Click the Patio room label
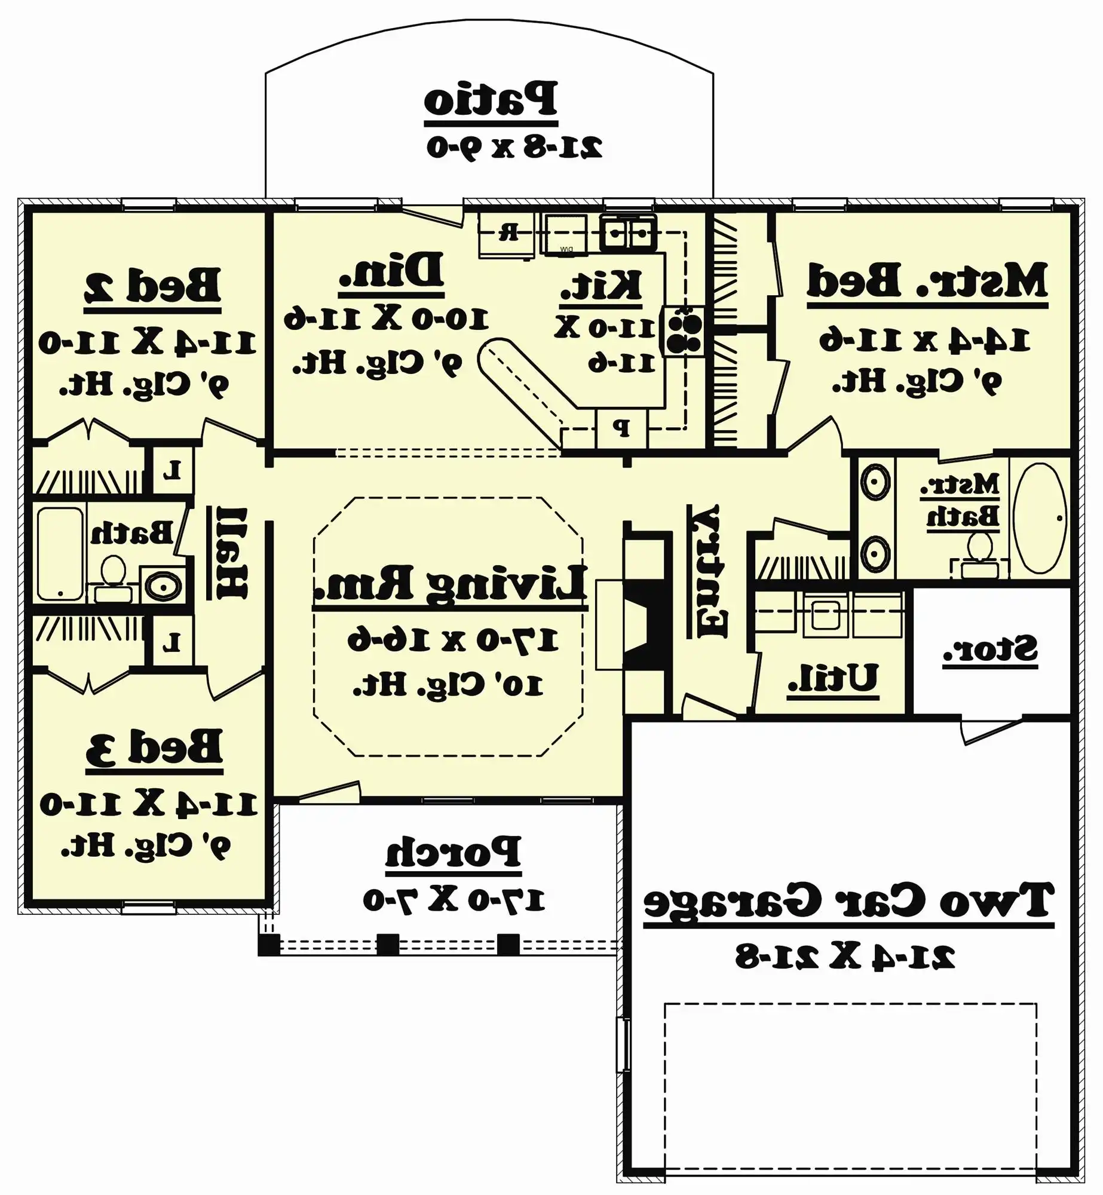pos(491,99)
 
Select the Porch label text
pos(453,852)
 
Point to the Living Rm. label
pos(450,583)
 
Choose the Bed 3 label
pos(154,747)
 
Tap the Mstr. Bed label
pos(927,281)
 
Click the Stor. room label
pos(990,649)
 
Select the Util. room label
pos(832,678)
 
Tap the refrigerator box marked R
pos(508,234)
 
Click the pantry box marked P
pos(621,428)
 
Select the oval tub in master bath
pos(1040,518)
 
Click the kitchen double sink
pos(627,232)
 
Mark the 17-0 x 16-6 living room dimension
pos(453,641)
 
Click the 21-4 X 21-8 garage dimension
pos(845,957)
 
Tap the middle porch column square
pos(388,945)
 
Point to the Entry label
pos(711,571)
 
